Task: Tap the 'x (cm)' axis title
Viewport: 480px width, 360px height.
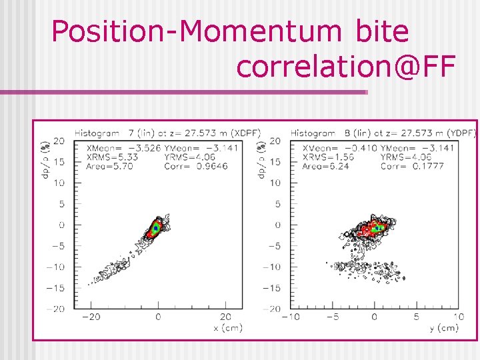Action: [x=227, y=327]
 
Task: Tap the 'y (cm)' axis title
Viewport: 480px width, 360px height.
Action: [x=443, y=327]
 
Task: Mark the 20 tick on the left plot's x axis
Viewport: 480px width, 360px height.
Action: [x=225, y=317]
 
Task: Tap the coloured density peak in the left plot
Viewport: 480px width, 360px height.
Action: [x=155, y=228]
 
